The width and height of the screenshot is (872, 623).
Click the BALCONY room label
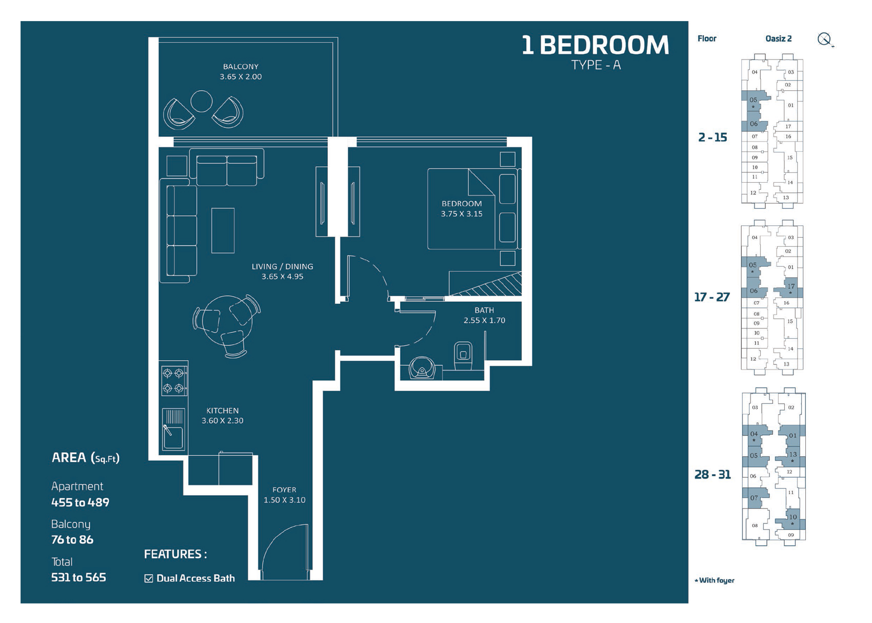[241, 67]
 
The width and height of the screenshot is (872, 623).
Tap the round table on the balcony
[201, 101]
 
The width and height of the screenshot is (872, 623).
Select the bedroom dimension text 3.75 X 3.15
[461, 214]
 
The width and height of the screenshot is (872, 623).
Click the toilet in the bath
[463, 354]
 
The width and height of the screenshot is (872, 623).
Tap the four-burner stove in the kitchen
[173, 380]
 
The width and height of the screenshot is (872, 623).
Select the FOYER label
[284, 490]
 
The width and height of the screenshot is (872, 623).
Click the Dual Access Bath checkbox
[149, 578]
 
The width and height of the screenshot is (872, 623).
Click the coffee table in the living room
[223, 230]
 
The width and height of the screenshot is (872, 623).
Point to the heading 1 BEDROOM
[595, 46]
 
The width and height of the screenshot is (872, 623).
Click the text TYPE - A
[596, 65]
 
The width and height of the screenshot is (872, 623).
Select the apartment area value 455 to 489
[80, 502]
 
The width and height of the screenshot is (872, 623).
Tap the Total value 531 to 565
[78, 577]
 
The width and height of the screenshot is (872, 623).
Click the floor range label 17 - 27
[711, 297]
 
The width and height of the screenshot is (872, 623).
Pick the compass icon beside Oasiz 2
[824, 39]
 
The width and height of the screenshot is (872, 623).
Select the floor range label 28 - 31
[712, 475]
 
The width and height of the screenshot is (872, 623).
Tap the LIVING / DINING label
[282, 267]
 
